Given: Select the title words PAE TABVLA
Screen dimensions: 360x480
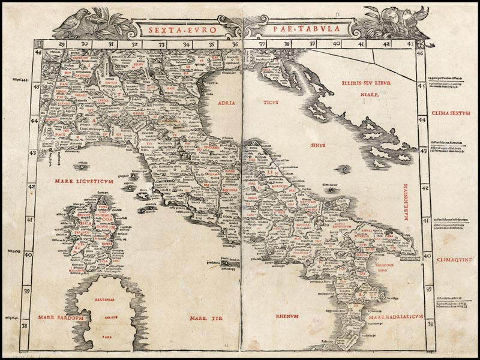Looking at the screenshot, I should (x=284, y=28).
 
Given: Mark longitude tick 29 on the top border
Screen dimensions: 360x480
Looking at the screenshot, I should (x=61, y=44).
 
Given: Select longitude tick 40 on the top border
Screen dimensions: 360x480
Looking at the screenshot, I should (x=336, y=44).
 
